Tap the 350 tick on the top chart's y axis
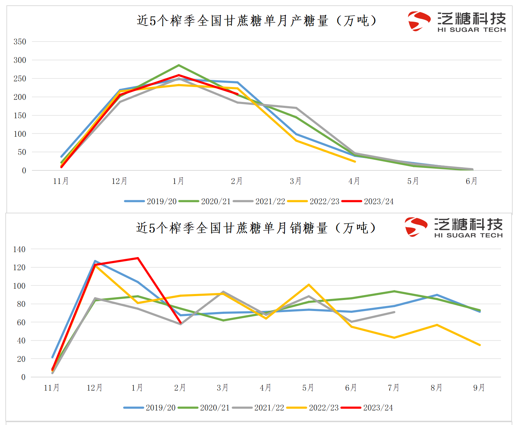pyautogui.click(x=20, y=42)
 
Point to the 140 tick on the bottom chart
pyautogui.click(x=19, y=249)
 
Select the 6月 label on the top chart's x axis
pyautogui.click(x=472, y=181)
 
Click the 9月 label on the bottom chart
pyautogui.click(x=479, y=388)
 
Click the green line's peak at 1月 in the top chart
pyautogui.click(x=178, y=65)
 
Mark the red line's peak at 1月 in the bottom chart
pyautogui.click(x=138, y=258)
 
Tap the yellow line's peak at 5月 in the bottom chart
pyautogui.click(x=309, y=285)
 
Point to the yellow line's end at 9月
pyautogui.click(x=480, y=345)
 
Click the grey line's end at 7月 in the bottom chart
pyautogui.click(x=394, y=312)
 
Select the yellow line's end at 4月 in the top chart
pyautogui.click(x=355, y=162)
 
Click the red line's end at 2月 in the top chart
pyautogui.click(x=237, y=94)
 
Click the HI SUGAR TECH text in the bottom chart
pyautogui.click(x=468, y=235)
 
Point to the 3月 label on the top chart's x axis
pyautogui.click(x=296, y=181)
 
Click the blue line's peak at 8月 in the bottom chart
pyautogui.click(x=437, y=295)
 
